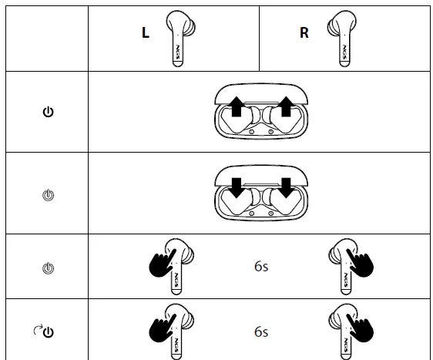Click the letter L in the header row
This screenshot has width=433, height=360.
[x=144, y=35]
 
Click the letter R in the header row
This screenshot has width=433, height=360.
[x=304, y=35]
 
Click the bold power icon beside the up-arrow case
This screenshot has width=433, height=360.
[x=48, y=113]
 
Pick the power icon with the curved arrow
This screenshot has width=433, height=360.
[x=45, y=332]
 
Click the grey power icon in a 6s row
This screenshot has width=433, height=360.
[x=48, y=267]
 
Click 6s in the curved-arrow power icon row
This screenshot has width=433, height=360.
[x=261, y=332]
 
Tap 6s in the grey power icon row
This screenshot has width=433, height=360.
[x=261, y=267]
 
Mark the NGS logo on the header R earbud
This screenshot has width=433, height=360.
[x=338, y=53]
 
